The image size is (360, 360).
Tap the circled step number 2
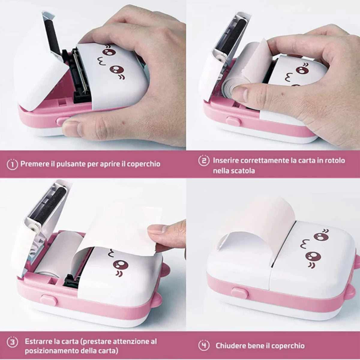[204, 160]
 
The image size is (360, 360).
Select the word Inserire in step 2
[226, 160]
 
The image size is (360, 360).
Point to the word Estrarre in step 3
[38, 341]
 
